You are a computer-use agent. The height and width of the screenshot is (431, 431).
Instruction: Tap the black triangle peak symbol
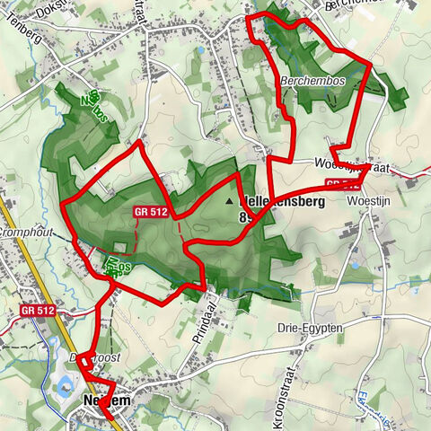[229, 202]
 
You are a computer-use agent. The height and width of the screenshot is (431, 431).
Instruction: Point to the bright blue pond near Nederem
[64, 386]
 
